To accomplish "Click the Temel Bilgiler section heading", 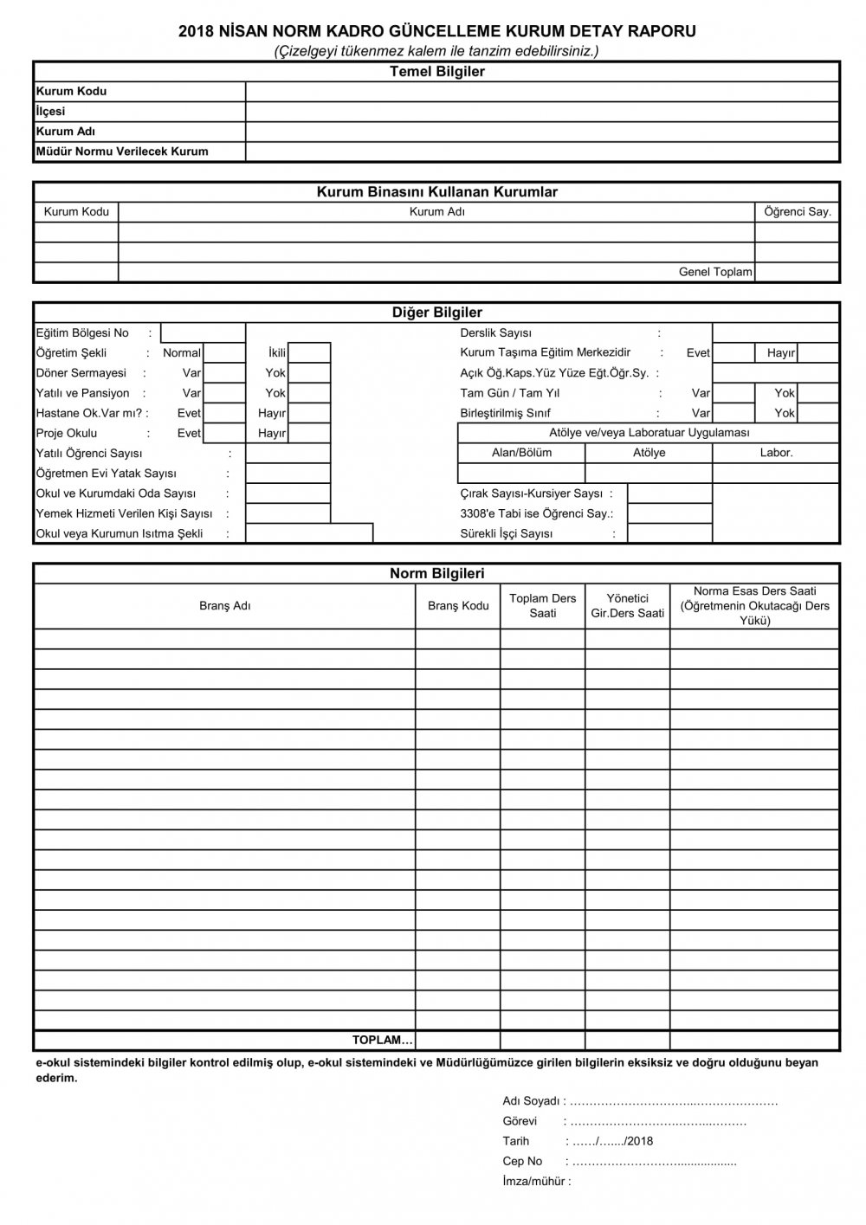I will [436, 72].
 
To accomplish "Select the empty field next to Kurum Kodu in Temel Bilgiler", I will [542, 92].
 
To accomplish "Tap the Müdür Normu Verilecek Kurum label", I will [122, 152].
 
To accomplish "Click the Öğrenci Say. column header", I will [797, 212].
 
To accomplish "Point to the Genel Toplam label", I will [715, 272].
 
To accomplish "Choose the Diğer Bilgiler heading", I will [436, 313].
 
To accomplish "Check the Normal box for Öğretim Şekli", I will [224, 353].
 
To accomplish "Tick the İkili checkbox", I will [309, 353].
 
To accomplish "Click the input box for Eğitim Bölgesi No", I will [203, 333].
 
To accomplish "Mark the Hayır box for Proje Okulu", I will [309, 434].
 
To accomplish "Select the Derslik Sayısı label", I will [496, 333].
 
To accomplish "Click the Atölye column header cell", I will [649, 453].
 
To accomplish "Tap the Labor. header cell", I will [776, 453].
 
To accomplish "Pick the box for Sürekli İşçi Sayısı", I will [669, 534].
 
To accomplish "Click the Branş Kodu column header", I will [458, 606].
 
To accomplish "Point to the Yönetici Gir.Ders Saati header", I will [627, 606].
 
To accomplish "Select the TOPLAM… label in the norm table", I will [383, 1040].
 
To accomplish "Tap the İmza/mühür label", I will [536, 1182].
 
